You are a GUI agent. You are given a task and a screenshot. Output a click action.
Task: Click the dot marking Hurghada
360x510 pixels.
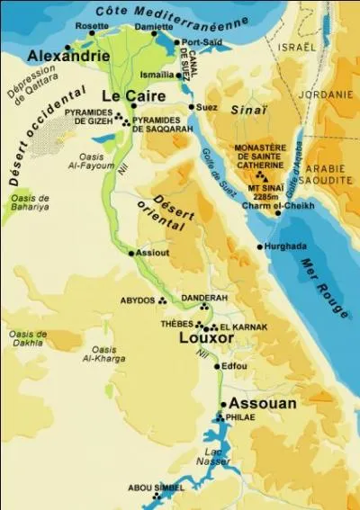coord(260,246)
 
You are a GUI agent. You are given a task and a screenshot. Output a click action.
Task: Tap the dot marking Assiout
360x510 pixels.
coord(132,254)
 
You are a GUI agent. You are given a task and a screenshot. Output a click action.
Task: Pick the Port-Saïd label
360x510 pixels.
coord(202,42)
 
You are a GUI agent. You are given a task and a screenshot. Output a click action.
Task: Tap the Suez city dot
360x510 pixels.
coord(192,107)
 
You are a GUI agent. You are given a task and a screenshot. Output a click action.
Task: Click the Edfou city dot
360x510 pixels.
coord(216,367)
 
